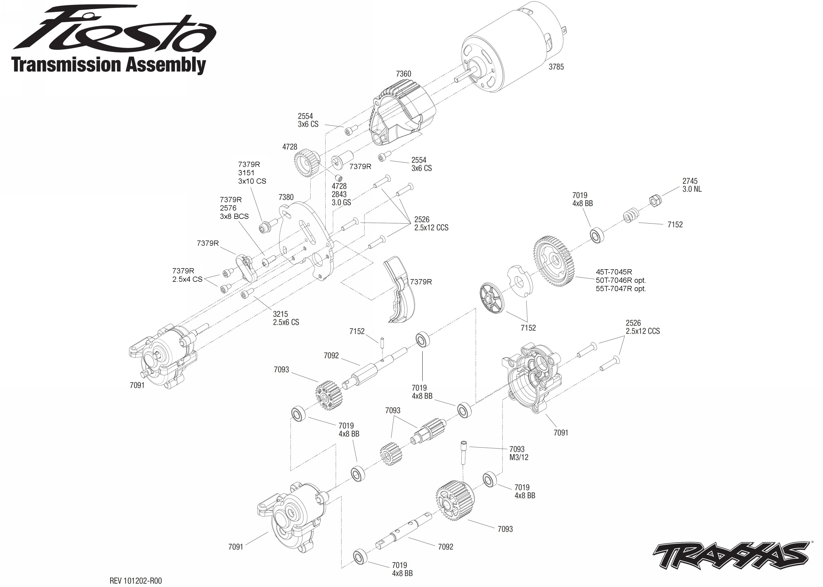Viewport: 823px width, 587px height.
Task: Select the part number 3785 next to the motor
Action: pos(556,67)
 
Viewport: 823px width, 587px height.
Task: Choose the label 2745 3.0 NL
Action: pos(692,185)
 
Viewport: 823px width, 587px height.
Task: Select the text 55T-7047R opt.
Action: pos(621,289)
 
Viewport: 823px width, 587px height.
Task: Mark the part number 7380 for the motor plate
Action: pos(286,197)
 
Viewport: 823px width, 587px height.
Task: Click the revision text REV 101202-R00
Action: pos(136,581)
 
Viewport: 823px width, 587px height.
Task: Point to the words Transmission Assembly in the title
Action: pos(109,65)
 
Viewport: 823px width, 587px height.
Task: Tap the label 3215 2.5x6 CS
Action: pos(286,318)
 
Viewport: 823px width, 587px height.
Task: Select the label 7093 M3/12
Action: pos(518,453)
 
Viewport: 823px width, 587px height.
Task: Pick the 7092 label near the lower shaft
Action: pos(445,547)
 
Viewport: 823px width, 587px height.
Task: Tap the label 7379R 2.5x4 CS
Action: pos(187,275)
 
